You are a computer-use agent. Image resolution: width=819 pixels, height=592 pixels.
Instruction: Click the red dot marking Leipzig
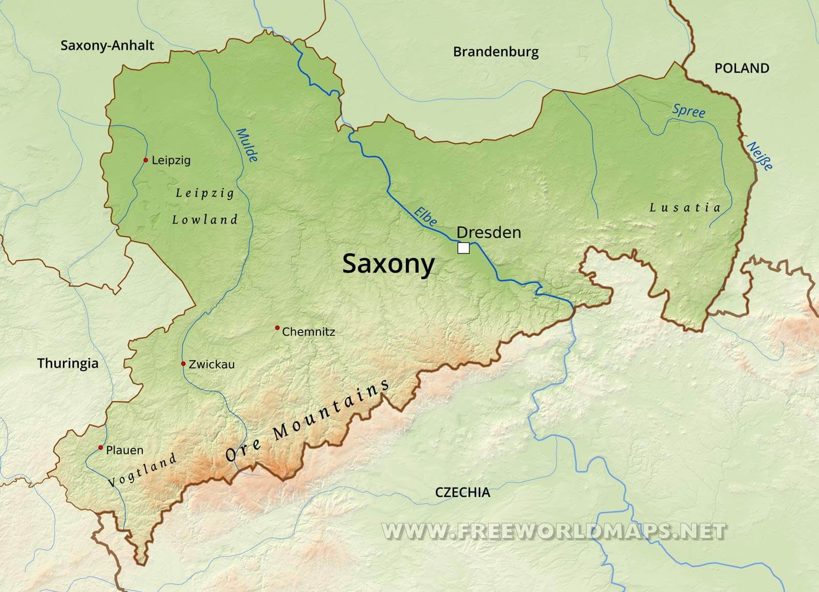click(146, 160)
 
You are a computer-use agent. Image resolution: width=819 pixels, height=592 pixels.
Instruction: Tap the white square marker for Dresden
click(463, 248)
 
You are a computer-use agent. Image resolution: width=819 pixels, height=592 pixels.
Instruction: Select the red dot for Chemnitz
click(277, 328)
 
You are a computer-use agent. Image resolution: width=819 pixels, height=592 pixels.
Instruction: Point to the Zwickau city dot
click(183, 364)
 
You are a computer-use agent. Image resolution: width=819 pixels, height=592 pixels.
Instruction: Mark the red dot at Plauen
click(101, 448)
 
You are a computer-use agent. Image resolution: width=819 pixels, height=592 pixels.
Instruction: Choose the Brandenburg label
click(495, 52)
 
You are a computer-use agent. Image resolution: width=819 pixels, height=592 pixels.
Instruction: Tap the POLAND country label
click(741, 68)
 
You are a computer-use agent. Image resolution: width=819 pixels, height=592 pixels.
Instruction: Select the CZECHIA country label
click(462, 493)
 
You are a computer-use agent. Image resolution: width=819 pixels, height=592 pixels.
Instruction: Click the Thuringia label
click(68, 364)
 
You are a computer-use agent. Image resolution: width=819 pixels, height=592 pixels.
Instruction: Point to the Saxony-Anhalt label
click(107, 45)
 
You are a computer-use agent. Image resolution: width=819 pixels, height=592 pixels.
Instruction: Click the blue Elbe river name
click(426, 216)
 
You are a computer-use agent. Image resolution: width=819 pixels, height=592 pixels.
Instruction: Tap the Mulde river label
click(247, 145)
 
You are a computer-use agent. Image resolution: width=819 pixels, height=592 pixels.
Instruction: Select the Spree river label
click(688, 111)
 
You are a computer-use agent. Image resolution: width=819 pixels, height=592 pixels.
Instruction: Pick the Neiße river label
click(760, 156)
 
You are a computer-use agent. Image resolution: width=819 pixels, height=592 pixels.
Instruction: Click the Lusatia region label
click(685, 208)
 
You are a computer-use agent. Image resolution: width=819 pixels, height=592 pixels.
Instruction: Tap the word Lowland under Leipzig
click(205, 220)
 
